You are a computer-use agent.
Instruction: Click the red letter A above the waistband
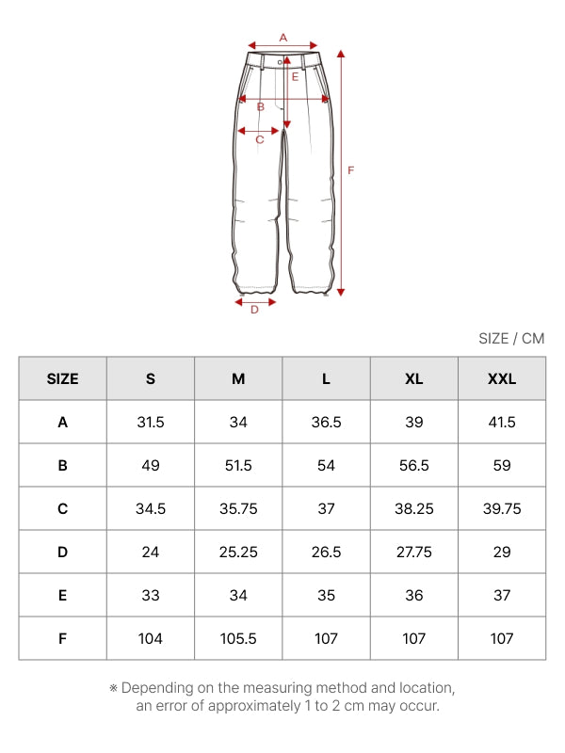[x=283, y=38]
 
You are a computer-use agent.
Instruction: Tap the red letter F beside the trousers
[x=350, y=170]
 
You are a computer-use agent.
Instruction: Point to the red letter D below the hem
[x=254, y=310]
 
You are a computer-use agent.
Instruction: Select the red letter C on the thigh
[x=260, y=139]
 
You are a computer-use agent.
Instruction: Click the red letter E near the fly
[x=295, y=77]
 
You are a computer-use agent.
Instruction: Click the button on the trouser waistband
[x=280, y=62]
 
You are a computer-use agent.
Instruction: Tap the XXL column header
[x=502, y=379]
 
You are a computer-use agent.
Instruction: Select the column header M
[x=238, y=379]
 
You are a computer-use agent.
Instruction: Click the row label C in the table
[x=62, y=508]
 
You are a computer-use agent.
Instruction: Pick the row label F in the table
[x=62, y=639]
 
